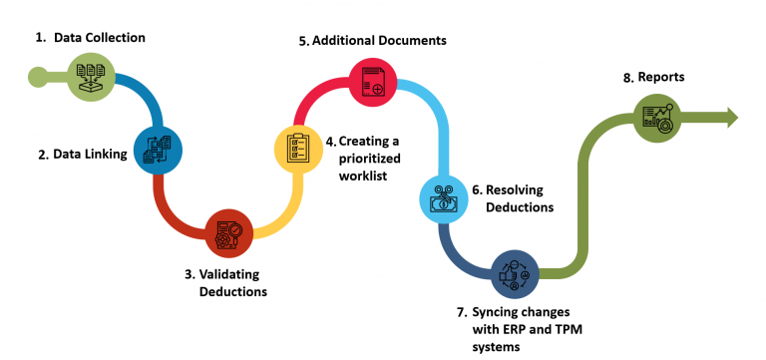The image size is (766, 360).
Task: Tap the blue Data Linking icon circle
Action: [x=158, y=150]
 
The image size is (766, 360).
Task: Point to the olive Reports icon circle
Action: [x=657, y=120]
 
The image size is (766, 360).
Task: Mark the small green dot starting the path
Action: [x=37, y=75]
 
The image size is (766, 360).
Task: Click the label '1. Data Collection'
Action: [x=92, y=38]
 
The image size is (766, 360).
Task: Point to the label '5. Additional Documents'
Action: [x=372, y=41]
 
